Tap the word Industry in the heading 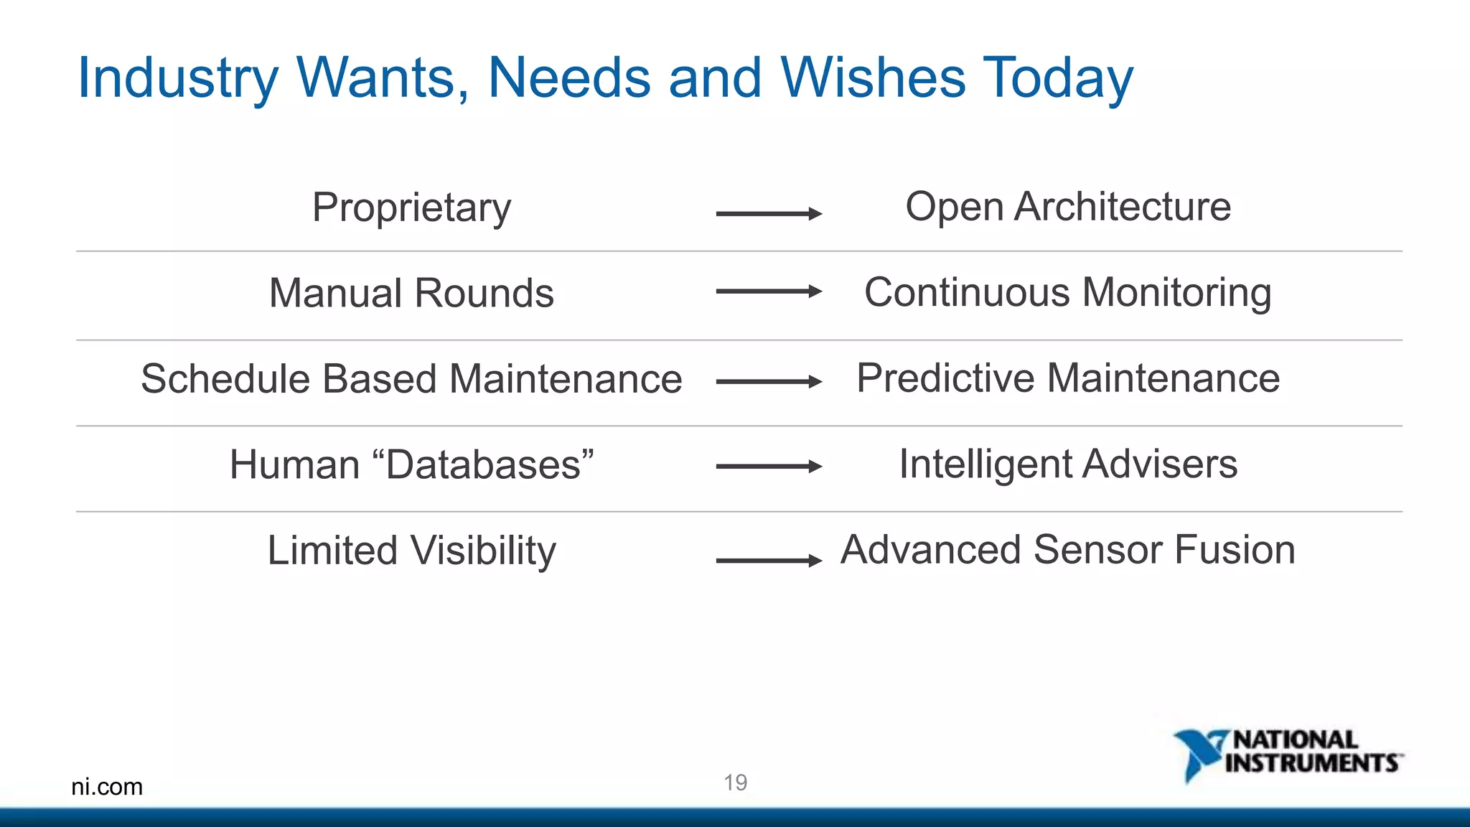pyautogui.click(x=177, y=79)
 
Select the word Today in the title pyautogui.click(x=1058, y=79)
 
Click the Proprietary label pyautogui.click(x=411, y=208)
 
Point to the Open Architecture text pyautogui.click(x=1068, y=207)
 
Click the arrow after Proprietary pyautogui.click(x=769, y=213)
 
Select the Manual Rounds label pyautogui.click(x=411, y=294)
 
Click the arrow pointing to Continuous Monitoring pyautogui.click(x=769, y=291)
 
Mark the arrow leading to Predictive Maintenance pyautogui.click(x=769, y=382)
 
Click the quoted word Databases pyautogui.click(x=484, y=464)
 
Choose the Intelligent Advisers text pyautogui.click(x=1068, y=464)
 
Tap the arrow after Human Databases pyautogui.click(x=769, y=467)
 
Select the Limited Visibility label pyautogui.click(x=411, y=551)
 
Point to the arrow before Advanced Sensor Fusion pyautogui.click(x=769, y=561)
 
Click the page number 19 pyautogui.click(x=735, y=782)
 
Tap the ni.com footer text pyautogui.click(x=107, y=787)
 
